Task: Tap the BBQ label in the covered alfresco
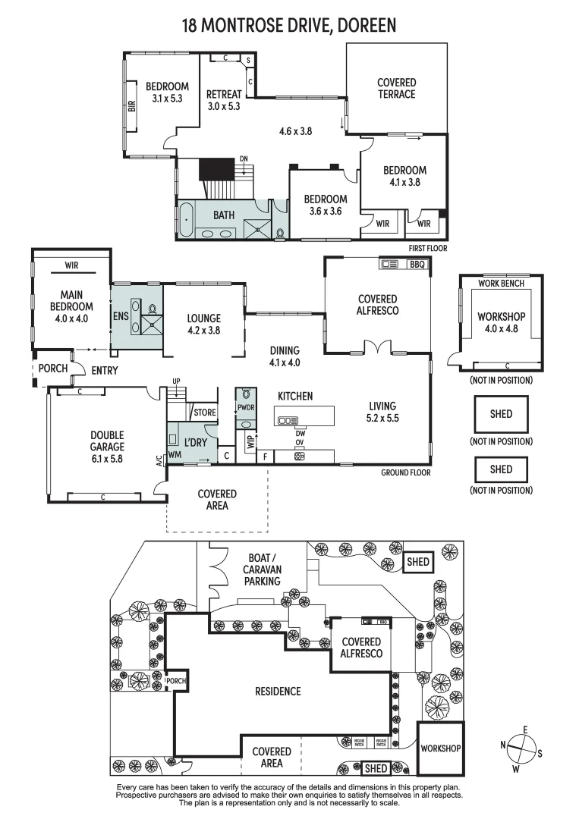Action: (x=417, y=265)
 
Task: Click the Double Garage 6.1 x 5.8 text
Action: (x=107, y=447)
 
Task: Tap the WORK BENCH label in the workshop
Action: (x=501, y=283)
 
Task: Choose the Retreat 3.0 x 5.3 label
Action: (x=224, y=100)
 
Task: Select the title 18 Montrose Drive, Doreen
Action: (x=289, y=26)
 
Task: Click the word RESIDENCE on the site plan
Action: (x=277, y=692)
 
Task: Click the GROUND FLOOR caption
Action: (x=405, y=472)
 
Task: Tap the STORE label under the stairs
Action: (x=205, y=413)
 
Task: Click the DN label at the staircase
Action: (x=244, y=158)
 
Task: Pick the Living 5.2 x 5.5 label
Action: (x=383, y=412)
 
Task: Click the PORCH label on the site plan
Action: (x=175, y=681)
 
